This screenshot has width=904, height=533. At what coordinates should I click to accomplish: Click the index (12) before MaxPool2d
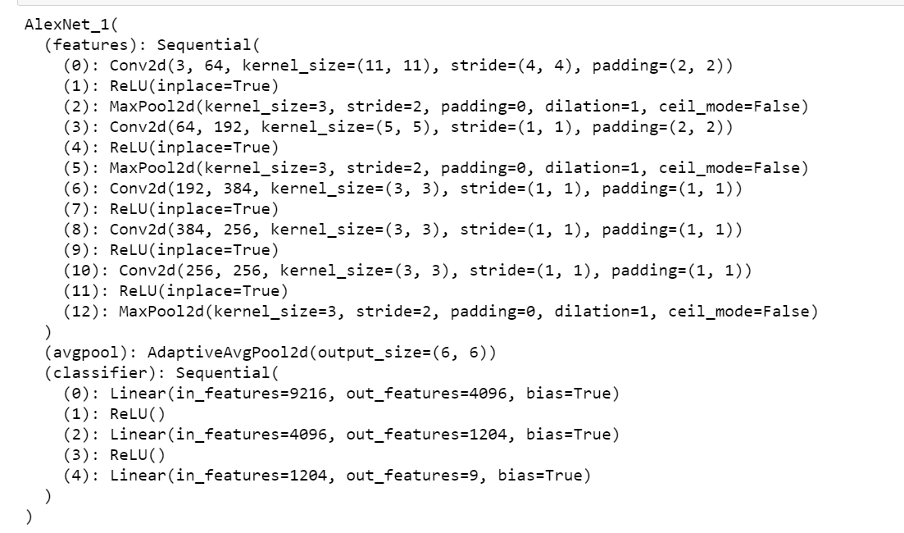[79, 307]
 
